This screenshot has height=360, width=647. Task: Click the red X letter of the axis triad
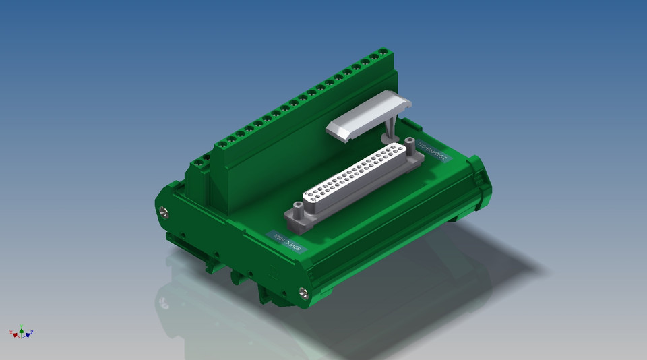11,332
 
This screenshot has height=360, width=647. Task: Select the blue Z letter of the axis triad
32,332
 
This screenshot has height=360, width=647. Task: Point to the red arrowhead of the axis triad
15,334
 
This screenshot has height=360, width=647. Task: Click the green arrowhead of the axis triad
22,330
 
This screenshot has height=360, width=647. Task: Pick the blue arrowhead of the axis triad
28,334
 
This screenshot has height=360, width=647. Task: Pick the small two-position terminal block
202,165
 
